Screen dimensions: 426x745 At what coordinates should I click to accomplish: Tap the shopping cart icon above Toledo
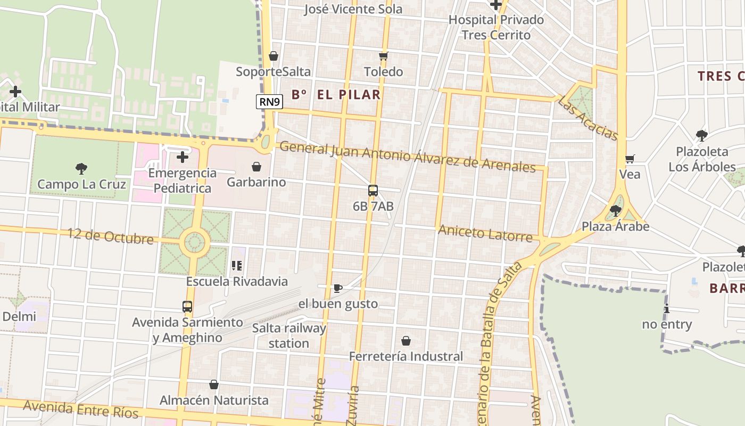click(x=384, y=56)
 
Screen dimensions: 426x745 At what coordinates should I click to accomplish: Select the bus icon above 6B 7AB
click(x=373, y=191)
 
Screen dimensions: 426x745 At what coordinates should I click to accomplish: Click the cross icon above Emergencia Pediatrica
click(x=183, y=157)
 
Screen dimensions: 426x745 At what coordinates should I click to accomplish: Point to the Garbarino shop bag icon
click(x=256, y=167)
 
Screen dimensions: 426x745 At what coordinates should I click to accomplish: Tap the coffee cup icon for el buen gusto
click(x=337, y=288)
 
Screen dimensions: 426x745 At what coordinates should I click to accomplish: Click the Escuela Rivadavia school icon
click(x=237, y=265)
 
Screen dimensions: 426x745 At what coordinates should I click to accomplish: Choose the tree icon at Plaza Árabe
click(x=616, y=211)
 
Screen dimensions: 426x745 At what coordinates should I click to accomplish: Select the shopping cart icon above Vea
click(x=630, y=159)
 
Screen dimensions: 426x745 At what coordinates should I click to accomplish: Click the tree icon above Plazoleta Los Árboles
click(x=702, y=136)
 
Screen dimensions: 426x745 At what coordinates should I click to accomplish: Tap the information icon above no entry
click(x=666, y=308)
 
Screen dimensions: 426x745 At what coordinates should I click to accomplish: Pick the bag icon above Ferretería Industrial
click(x=406, y=341)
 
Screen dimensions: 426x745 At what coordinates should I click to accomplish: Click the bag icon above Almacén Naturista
click(x=214, y=384)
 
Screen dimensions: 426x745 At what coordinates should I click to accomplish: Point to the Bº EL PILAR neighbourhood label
click(x=336, y=95)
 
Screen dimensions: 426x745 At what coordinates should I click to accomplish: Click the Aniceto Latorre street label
click(x=485, y=233)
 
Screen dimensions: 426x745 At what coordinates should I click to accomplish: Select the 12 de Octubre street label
click(x=111, y=236)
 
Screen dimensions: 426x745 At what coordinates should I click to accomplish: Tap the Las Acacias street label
click(x=588, y=118)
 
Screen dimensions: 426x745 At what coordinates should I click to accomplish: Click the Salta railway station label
click(x=289, y=335)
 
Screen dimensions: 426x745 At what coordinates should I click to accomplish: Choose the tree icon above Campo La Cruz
click(x=81, y=169)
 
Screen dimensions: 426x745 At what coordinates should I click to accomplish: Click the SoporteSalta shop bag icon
click(x=274, y=56)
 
